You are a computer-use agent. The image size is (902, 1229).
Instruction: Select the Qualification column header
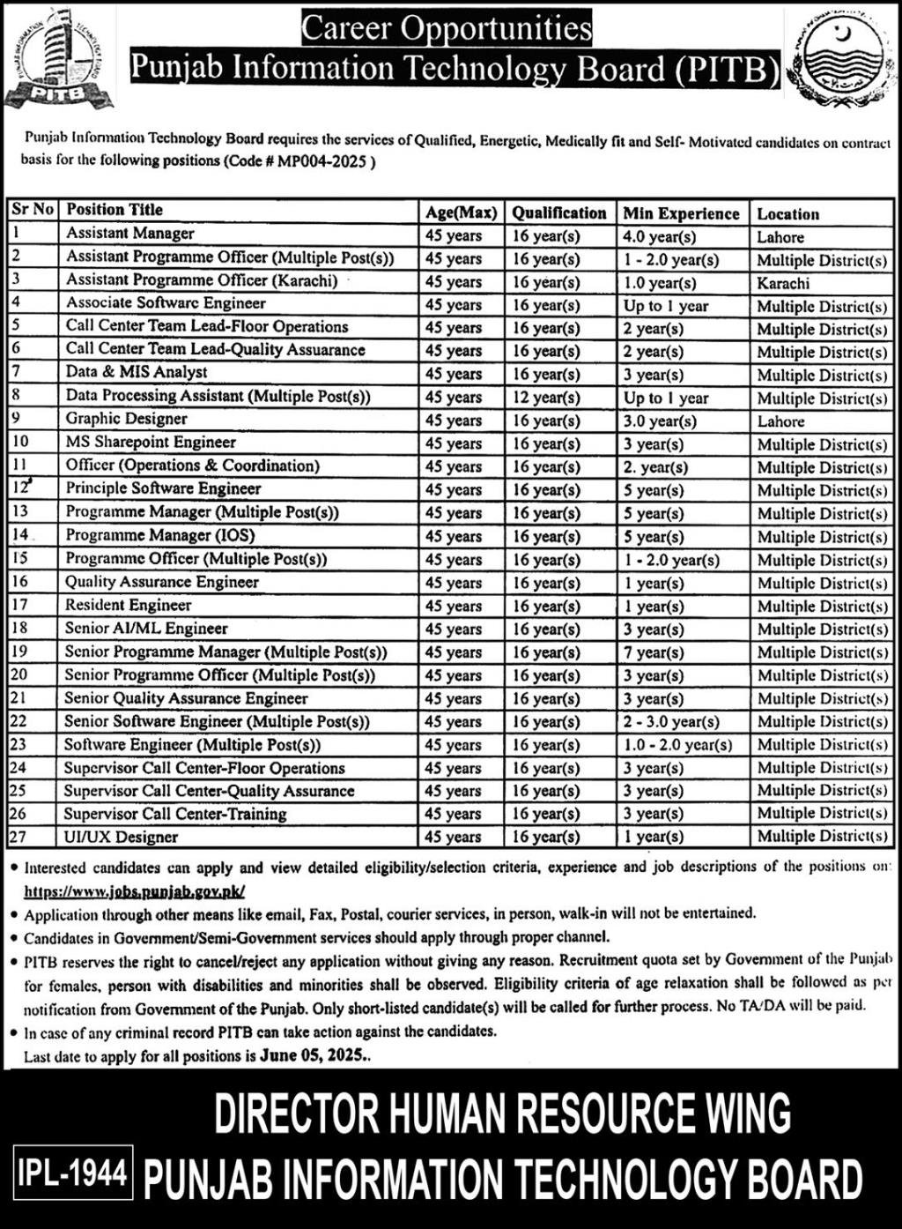(x=559, y=213)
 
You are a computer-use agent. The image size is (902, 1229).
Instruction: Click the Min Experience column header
(x=681, y=213)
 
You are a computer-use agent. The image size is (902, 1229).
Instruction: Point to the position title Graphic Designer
(x=126, y=419)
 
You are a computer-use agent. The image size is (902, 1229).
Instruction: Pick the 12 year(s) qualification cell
(x=546, y=398)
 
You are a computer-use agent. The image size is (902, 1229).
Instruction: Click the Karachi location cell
(x=783, y=283)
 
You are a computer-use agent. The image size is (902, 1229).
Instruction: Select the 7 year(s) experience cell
(x=654, y=652)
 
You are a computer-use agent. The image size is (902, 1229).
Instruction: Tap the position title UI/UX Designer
(x=121, y=837)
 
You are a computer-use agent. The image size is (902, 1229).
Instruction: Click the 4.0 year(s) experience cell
(x=660, y=236)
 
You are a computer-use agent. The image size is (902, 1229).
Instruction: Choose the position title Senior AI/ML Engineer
(x=145, y=629)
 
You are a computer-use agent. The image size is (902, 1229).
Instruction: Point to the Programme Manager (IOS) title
(x=159, y=535)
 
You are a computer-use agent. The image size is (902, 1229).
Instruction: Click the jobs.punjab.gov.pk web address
(x=134, y=891)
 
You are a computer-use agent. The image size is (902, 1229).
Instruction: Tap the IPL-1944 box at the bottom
(x=73, y=1173)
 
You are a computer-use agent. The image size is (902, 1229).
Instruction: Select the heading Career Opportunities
(x=447, y=29)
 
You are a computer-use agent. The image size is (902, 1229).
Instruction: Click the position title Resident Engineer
(x=128, y=605)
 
